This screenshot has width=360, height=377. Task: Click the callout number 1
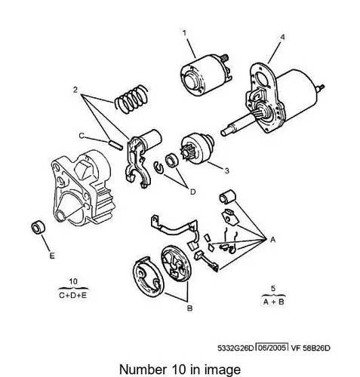pos(185,33)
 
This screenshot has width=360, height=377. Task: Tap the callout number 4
pos(283,37)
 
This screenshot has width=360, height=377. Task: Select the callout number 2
pos(75,90)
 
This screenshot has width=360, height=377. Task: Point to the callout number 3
pos(226,170)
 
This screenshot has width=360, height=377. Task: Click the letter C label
pos(82,136)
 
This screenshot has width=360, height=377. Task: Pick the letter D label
pos(192,192)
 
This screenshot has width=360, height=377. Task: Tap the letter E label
pos(52,256)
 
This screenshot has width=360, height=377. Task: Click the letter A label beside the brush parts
pos(273,240)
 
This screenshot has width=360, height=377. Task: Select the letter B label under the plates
pos(190,308)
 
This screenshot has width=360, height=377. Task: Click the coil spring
pos(131,100)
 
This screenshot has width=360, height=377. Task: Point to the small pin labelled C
pos(116,145)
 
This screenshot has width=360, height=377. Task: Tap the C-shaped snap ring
pos(158,167)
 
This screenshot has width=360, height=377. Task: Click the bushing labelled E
pos(38,227)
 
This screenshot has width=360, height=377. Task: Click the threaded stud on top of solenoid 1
pos(224,57)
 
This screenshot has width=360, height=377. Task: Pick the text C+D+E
pos(73,295)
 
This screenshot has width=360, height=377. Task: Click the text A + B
pos(274,302)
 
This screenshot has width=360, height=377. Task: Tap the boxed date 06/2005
pos(272,348)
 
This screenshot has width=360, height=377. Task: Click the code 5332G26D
pos(236,348)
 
